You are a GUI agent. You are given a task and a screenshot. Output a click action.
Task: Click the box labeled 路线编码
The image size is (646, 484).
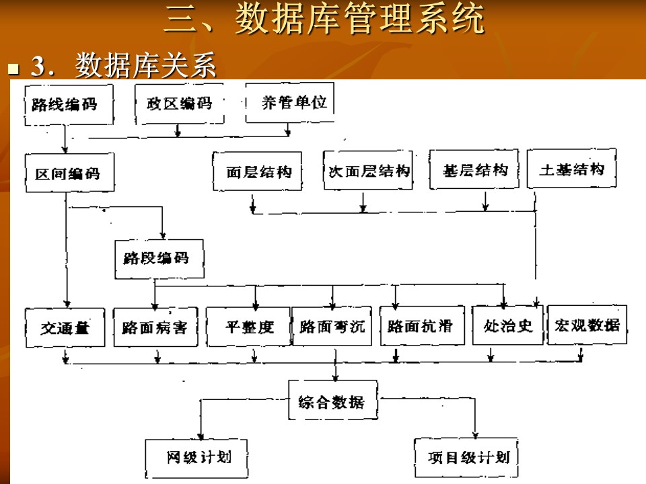coord(67,104)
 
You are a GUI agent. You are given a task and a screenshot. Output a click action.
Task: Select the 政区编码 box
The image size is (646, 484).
coord(179,104)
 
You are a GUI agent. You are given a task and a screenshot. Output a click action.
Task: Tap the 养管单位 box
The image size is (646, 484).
coord(289,103)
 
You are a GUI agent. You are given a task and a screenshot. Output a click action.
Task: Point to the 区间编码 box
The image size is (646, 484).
coord(69,173)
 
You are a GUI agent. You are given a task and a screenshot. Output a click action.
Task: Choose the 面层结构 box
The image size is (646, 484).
coord(257,171)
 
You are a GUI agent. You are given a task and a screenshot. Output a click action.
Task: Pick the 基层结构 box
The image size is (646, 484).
coord(475,170)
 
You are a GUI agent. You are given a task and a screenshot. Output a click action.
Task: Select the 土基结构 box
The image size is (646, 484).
coord(571,169)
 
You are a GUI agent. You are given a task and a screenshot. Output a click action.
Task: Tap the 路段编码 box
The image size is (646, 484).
coord(159,259)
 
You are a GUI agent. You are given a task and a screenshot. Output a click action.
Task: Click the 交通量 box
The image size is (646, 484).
coord(65,327)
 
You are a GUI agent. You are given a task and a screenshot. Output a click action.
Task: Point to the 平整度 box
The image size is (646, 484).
coord(248,327)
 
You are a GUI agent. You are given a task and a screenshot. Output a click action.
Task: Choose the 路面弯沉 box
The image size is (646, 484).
coord(332,327)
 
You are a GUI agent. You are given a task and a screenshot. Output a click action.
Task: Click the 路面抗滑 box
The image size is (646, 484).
coord(422,327)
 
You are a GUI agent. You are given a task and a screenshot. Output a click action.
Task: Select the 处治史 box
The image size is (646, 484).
coord(508,326)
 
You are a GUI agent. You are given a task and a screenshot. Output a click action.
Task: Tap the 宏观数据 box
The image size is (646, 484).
coord(587,325)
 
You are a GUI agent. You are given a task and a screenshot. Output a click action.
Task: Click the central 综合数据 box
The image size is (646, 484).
coord(332,402)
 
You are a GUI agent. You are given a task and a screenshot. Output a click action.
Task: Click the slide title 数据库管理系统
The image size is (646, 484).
coord(324,20)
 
